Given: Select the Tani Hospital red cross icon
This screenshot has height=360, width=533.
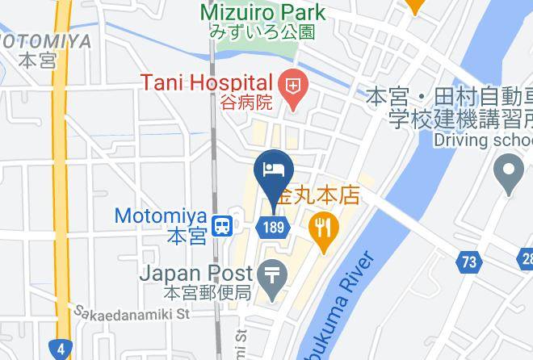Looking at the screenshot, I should pos(292,84).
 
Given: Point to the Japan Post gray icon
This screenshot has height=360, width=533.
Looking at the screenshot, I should pos(275,276).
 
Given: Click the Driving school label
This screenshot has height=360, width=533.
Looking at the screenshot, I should pos(482,140).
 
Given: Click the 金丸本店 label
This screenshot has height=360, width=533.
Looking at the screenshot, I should pos(317,196).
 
